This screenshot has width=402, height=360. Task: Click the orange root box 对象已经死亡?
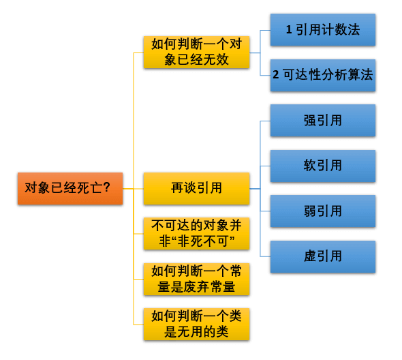pyautogui.click(x=69, y=188)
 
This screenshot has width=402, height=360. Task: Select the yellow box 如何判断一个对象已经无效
pyautogui.click(x=196, y=52)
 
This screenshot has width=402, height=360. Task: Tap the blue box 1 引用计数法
pyautogui.click(x=322, y=30)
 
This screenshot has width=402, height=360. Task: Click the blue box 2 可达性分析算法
pyautogui.click(x=322, y=75)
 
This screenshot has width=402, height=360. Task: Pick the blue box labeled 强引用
pyautogui.click(x=322, y=121)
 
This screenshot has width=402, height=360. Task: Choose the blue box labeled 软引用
pyautogui.click(x=322, y=166)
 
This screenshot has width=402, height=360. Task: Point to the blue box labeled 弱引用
pyautogui.click(x=322, y=211)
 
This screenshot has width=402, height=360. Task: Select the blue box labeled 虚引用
pyautogui.click(x=322, y=256)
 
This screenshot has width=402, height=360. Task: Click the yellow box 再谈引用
pyautogui.click(x=196, y=188)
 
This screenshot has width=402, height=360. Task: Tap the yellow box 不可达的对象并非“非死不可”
pyautogui.click(x=196, y=234)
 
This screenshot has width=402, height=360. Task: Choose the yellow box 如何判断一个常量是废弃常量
pyautogui.click(x=196, y=279)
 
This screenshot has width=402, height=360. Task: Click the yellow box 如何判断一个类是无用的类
pyautogui.click(x=196, y=324)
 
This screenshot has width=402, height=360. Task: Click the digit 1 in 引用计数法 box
pyautogui.click(x=289, y=31)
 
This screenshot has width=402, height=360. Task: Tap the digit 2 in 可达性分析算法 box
pyautogui.click(x=275, y=76)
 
